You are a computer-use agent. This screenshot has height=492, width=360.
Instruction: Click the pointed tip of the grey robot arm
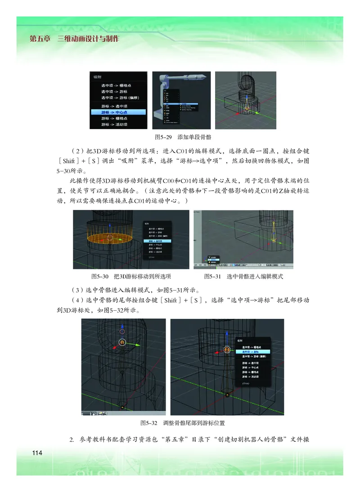coord(206,76)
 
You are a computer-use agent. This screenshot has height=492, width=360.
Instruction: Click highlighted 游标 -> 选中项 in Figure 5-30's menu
coord(155,241)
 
